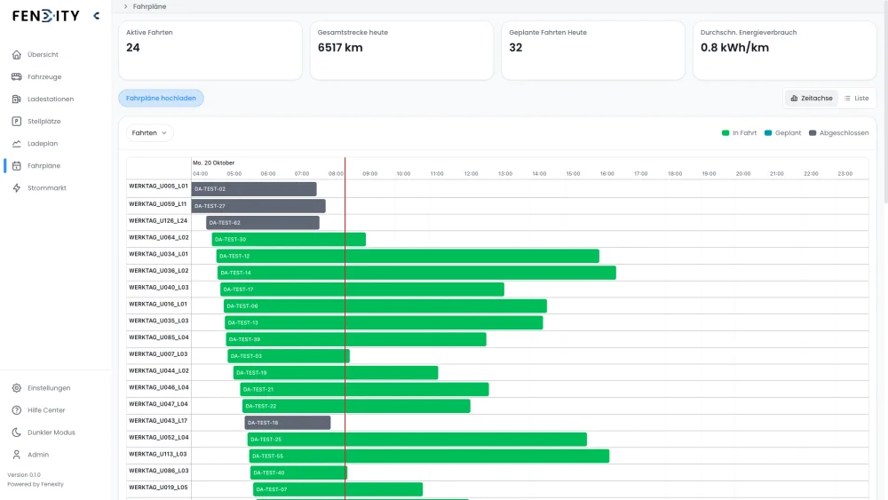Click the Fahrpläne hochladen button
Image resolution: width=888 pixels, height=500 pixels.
pyautogui.click(x=161, y=98)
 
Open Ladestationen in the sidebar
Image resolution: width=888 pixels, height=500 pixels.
pyautogui.click(x=50, y=99)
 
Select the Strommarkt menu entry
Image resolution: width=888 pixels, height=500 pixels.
pyautogui.click(x=46, y=187)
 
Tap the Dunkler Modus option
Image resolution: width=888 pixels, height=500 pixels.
pyautogui.click(x=51, y=433)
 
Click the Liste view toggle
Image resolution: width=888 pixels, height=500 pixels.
pyautogui.click(x=856, y=98)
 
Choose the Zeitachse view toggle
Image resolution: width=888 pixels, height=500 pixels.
pyautogui.click(x=812, y=98)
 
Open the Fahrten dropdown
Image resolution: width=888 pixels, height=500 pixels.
pyautogui.click(x=149, y=132)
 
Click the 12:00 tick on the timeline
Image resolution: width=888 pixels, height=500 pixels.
pyautogui.click(x=471, y=173)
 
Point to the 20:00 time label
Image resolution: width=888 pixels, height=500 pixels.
pyautogui.click(x=742, y=173)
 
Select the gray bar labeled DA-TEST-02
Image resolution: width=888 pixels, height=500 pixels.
pyautogui.click(x=254, y=189)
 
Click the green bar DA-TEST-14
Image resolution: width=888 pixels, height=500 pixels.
pyautogui.click(x=416, y=273)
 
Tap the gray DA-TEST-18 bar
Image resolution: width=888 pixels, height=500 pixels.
pyautogui.click(x=287, y=423)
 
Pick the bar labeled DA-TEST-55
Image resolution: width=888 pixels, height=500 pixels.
pyautogui.click(x=428, y=456)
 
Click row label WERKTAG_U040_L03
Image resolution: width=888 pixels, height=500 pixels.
pyautogui.click(x=159, y=287)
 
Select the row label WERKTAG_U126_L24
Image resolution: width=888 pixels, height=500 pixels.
pyautogui.click(x=158, y=220)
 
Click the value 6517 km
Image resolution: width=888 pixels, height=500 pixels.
pyautogui.click(x=340, y=47)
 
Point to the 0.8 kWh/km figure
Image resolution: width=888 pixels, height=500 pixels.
pyautogui.click(x=734, y=47)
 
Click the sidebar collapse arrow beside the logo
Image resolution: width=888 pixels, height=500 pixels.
pyautogui.click(x=96, y=15)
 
